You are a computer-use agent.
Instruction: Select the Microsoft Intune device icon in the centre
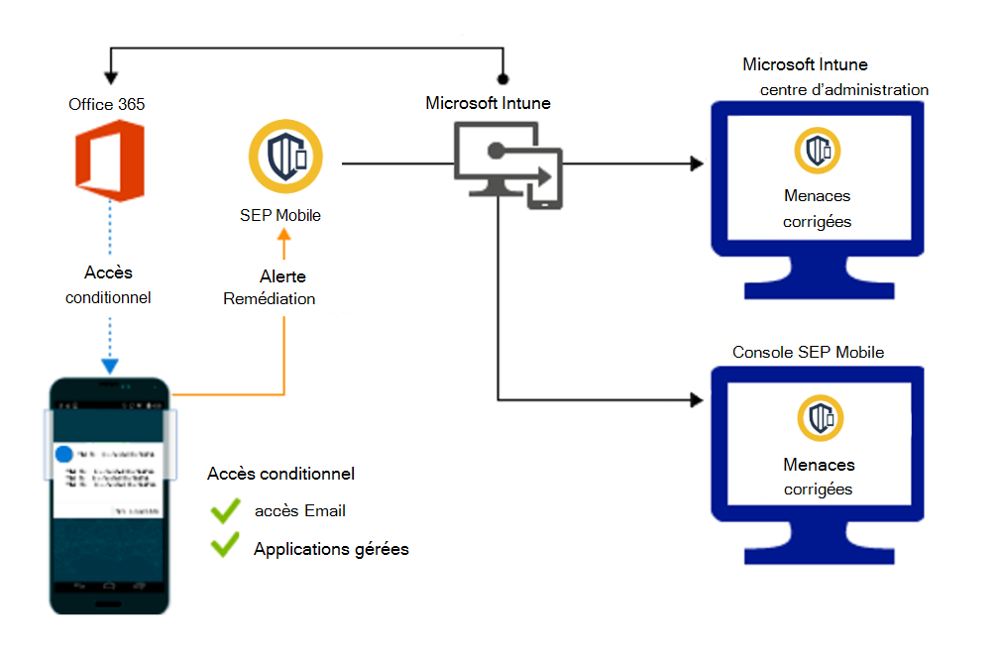(x=505, y=163)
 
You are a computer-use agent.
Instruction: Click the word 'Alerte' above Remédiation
(x=282, y=276)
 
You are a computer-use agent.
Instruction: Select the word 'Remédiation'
(x=270, y=298)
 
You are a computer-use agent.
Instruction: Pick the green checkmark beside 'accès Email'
(x=226, y=511)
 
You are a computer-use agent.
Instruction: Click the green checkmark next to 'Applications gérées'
(x=226, y=546)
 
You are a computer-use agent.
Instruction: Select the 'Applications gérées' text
(x=331, y=548)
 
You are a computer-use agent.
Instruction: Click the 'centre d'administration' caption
(x=844, y=90)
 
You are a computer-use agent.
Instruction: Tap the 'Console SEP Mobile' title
(x=808, y=352)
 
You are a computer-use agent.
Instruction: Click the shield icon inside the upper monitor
(x=818, y=150)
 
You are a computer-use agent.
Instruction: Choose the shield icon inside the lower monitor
(x=818, y=418)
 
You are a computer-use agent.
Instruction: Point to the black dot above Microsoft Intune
(x=502, y=78)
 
